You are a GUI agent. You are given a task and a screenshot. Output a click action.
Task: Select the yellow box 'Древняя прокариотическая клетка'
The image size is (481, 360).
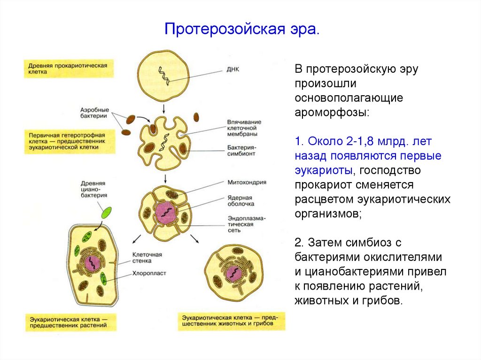69,69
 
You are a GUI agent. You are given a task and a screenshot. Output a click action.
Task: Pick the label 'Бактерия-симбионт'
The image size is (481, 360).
241,150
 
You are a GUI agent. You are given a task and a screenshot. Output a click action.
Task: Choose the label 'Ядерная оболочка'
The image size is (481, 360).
240,201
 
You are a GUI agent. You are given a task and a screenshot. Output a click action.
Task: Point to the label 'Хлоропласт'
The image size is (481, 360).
150,273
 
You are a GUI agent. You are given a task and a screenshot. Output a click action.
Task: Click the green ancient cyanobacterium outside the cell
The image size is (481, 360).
107,213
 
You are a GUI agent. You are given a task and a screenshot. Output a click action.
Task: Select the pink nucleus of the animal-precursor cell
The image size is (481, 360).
233,272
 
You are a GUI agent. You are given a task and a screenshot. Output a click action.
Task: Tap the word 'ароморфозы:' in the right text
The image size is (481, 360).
332,113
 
